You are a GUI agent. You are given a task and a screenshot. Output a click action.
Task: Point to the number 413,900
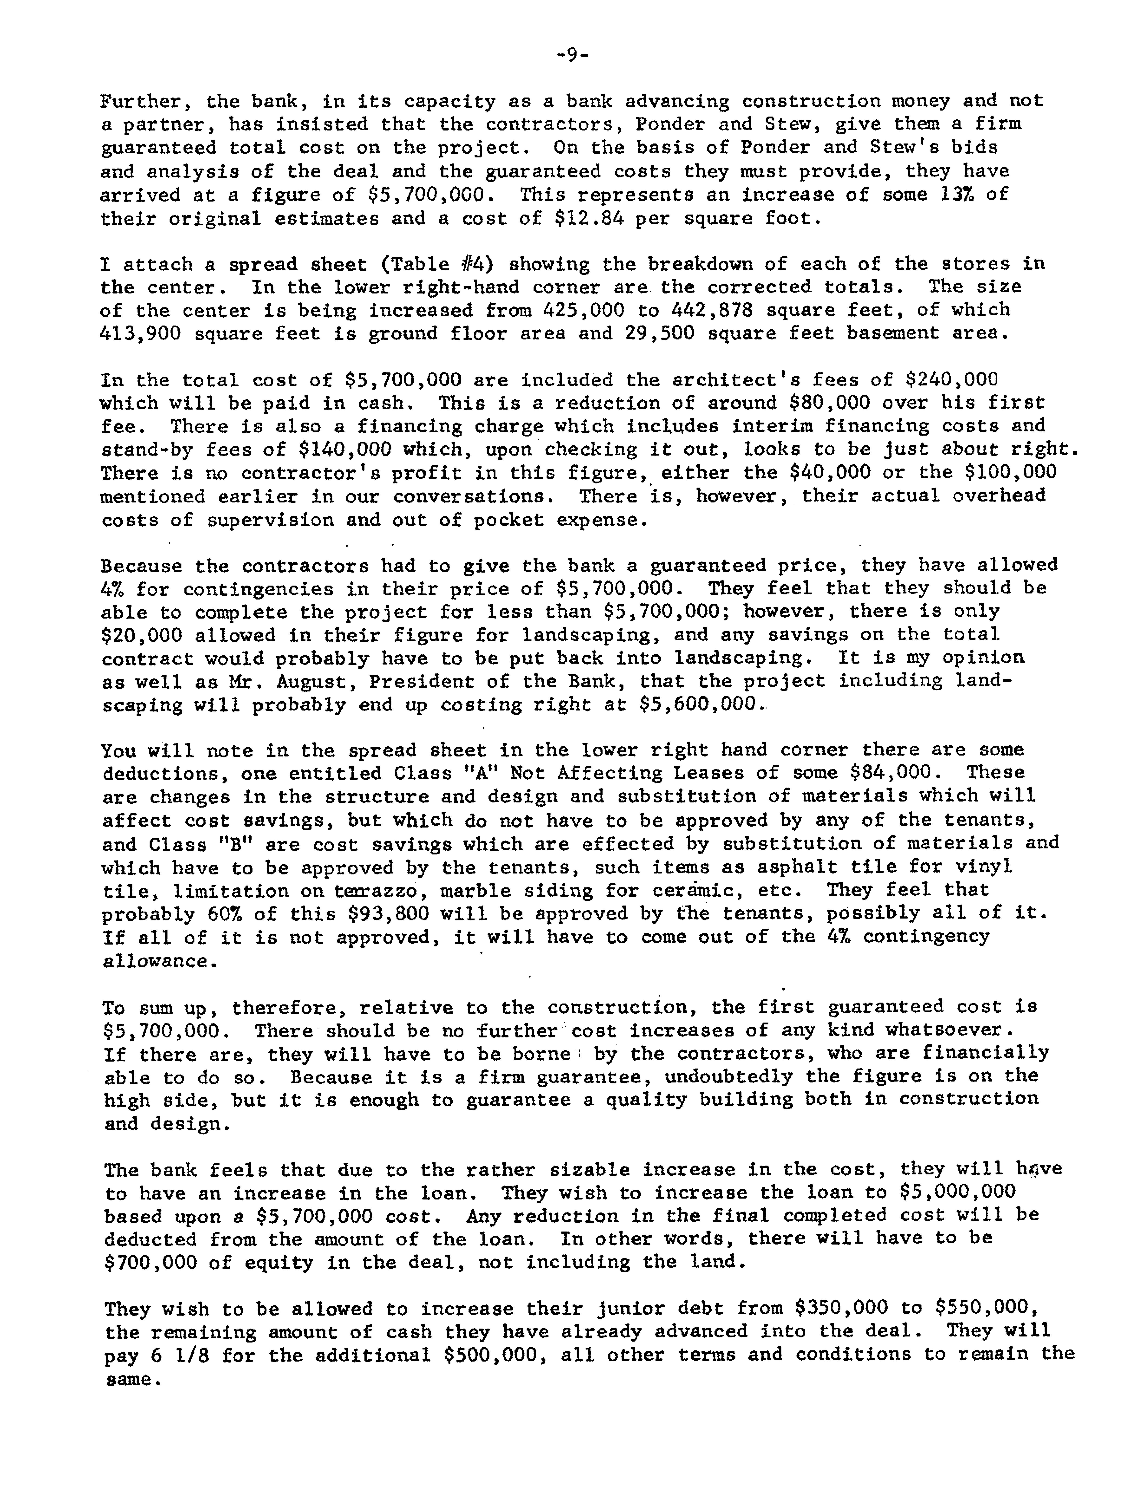[x=141, y=333]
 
